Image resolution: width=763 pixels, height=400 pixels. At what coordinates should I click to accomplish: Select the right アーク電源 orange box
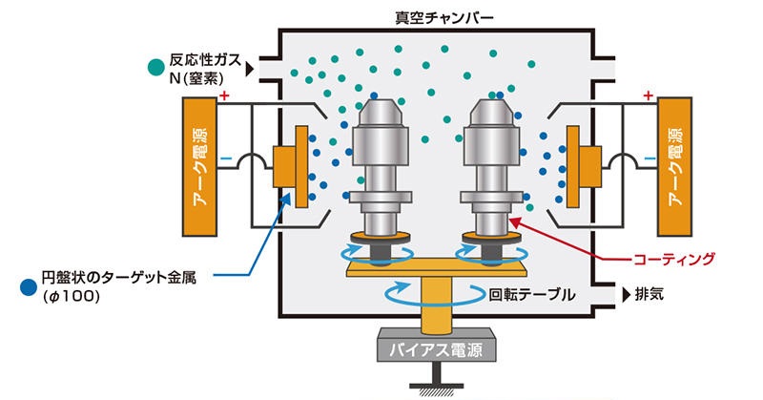coord(676,168)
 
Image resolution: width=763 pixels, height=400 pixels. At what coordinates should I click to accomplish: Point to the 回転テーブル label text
coord(532,294)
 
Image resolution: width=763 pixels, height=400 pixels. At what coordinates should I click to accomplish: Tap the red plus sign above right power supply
coord(649,95)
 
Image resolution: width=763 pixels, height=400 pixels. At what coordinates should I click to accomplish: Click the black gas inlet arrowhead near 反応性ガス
coord(251,69)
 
